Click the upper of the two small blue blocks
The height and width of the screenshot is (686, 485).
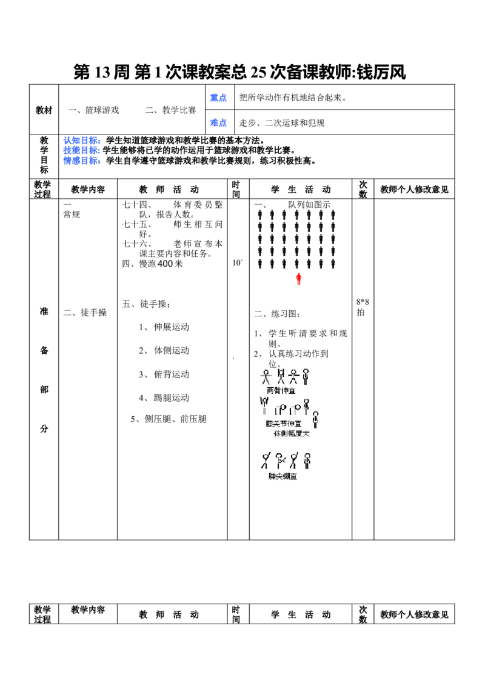[x=218, y=98]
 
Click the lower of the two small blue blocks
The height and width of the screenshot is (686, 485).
[x=218, y=123]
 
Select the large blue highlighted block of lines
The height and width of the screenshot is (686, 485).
[x=82, y=151]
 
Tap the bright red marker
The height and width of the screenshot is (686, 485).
[x=299, y=278]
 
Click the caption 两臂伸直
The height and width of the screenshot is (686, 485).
[x=281, y=391]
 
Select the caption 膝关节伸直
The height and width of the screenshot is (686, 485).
[x=283, y=424]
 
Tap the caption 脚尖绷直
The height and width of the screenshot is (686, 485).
[x=283, y=476]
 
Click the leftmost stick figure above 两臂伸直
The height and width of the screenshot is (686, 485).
[x=266, y=376]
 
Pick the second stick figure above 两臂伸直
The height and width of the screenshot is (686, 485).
[x=280, y=376]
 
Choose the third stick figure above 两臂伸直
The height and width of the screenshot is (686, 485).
[x=293, y=376]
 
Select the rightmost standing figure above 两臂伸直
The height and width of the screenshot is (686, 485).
[x=306, y=376]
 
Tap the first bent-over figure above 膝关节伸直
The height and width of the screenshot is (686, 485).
[x=281, y=410]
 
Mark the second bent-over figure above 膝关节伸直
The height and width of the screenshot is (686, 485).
[x=296, y=410]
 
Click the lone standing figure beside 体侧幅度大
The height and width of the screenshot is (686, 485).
[x=315, y=419]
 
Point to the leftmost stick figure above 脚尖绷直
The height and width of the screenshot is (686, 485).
[x=265, y=461]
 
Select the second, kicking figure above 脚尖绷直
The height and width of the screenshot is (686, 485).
[x=279, y=461]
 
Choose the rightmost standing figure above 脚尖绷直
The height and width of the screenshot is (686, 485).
[x=307, y=461]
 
